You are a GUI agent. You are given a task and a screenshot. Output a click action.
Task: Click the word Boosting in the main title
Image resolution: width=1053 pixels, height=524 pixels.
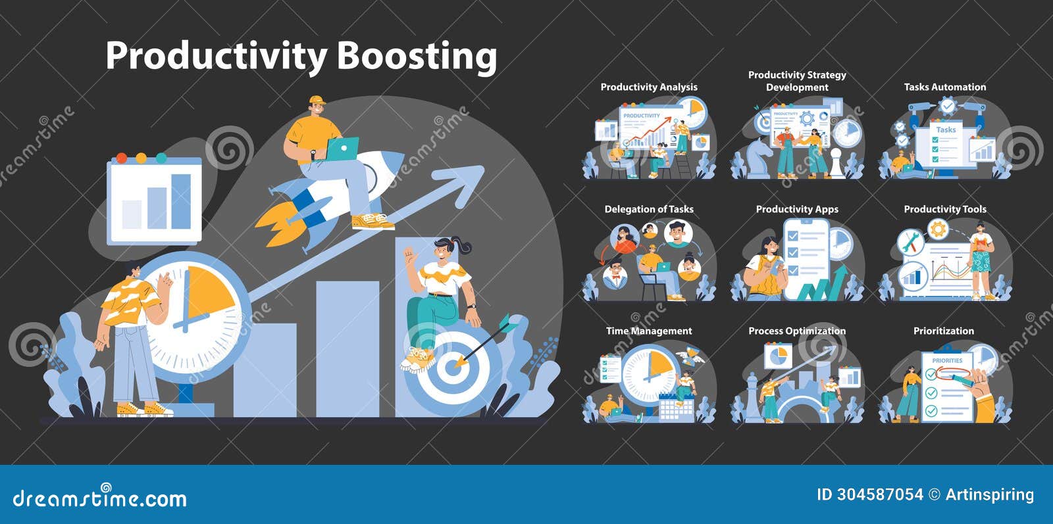pyautogui.click(x=417, y=57)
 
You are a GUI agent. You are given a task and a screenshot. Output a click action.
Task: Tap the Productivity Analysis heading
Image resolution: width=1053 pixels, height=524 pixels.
pyautogui.click(x=648, y=87)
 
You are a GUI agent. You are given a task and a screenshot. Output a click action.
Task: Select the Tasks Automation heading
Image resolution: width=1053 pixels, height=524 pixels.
pyautogui.click(x=944, y=87)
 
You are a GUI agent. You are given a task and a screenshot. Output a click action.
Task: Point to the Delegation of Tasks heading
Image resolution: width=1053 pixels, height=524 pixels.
pyautogui.click(x=649, y=209)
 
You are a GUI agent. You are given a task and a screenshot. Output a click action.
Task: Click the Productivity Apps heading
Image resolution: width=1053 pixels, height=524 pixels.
pyautogui.click(x=797, y=209)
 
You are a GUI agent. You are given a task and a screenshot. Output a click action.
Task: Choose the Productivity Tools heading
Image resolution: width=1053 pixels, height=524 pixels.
pyautogui.click(x=944, y=209)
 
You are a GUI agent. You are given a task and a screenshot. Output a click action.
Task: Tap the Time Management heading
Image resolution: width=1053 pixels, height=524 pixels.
pyautogui.click(x=649, y=331)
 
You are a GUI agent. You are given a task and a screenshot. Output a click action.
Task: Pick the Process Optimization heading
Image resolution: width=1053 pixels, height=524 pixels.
pyautogui.click(x=797, y=331)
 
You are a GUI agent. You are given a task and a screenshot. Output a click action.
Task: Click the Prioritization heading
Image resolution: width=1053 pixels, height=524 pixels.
pyautogui.click(x=943, y=331)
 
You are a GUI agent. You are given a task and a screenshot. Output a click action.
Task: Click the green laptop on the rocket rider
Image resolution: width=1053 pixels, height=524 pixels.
pyautogui.click(x=343, y=149)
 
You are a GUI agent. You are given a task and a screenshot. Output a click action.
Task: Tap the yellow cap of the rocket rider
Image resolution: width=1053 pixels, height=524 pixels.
pyautogui.click(x=317, y=101)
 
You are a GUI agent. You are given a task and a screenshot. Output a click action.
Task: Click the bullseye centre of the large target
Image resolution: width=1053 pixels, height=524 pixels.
pyautogui.click(x=452, y=367)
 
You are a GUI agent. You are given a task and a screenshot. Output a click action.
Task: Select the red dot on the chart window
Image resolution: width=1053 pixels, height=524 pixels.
pyautogui.click(x=120, y=158)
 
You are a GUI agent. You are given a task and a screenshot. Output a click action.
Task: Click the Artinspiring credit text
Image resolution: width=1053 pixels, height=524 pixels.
pyautogui.click(x=989, y=494)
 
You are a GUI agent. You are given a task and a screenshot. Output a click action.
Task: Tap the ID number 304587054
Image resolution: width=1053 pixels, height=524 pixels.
pyautogui.click(x=879, y=494)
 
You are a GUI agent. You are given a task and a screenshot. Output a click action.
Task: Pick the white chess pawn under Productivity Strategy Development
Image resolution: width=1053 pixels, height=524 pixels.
pyautogui.click(x=835, y=165)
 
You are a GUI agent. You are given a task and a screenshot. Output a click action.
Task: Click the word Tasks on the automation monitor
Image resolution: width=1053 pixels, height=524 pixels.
pyautogui.click(x=946, y=130)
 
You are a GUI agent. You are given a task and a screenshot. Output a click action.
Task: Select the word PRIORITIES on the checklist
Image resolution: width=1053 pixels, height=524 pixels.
pyautogui.click(x=947, y=360)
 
